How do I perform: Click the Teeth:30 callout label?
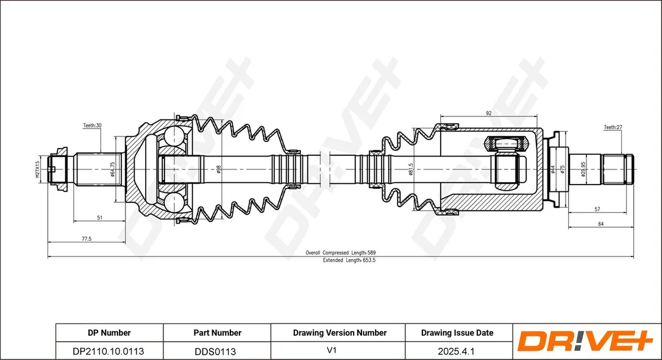[92, 125]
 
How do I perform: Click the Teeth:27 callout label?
[613, 127]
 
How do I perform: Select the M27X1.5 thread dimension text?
[37, 169]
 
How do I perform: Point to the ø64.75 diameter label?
[112, 169]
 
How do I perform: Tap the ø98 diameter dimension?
[218, 169]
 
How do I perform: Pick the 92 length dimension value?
[488, 113]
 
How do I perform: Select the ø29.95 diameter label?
[583, 169]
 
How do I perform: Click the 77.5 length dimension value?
[86, 238]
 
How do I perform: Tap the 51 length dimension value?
[99, 218]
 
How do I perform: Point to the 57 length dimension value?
[597, 209]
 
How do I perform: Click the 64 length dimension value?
[601, 224]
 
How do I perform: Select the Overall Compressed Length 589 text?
[340, 253]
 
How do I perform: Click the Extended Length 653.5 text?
[349, 260]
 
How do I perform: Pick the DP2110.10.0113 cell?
[109, 351]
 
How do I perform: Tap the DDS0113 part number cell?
[215, 351]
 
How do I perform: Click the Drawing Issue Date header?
[457, 333]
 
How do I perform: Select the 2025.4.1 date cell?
[457, 351]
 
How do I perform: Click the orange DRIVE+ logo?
[585, 341]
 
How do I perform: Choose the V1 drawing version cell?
[332, 351]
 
